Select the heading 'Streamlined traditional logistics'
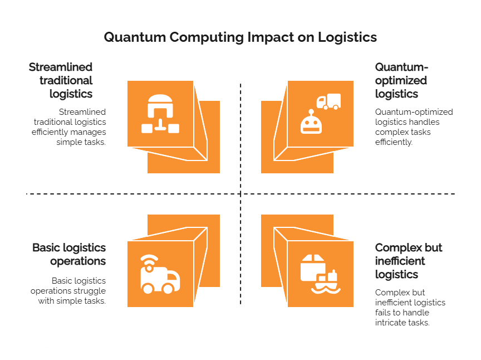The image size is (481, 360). pyautogui.click(x=61, y=80)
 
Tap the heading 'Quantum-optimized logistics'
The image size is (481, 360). pyautogui.click(x=401, y=80)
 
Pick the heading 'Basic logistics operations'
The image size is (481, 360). pyautogui.click(x=69, y=254)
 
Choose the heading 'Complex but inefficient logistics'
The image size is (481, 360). pyautogui.click(x=409, y=261)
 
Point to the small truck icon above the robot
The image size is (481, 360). pyautogui.click(x=328, y=101)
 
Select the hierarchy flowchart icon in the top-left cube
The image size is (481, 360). pyautogui.click(x=160, y=114)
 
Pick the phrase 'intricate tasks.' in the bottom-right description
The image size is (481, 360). pyautogui.click(x=403, y=323)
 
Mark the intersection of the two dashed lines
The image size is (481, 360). pyautogui.click(x=240, y=194)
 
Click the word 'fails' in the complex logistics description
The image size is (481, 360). pyautogui.click(x=384, y=313)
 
